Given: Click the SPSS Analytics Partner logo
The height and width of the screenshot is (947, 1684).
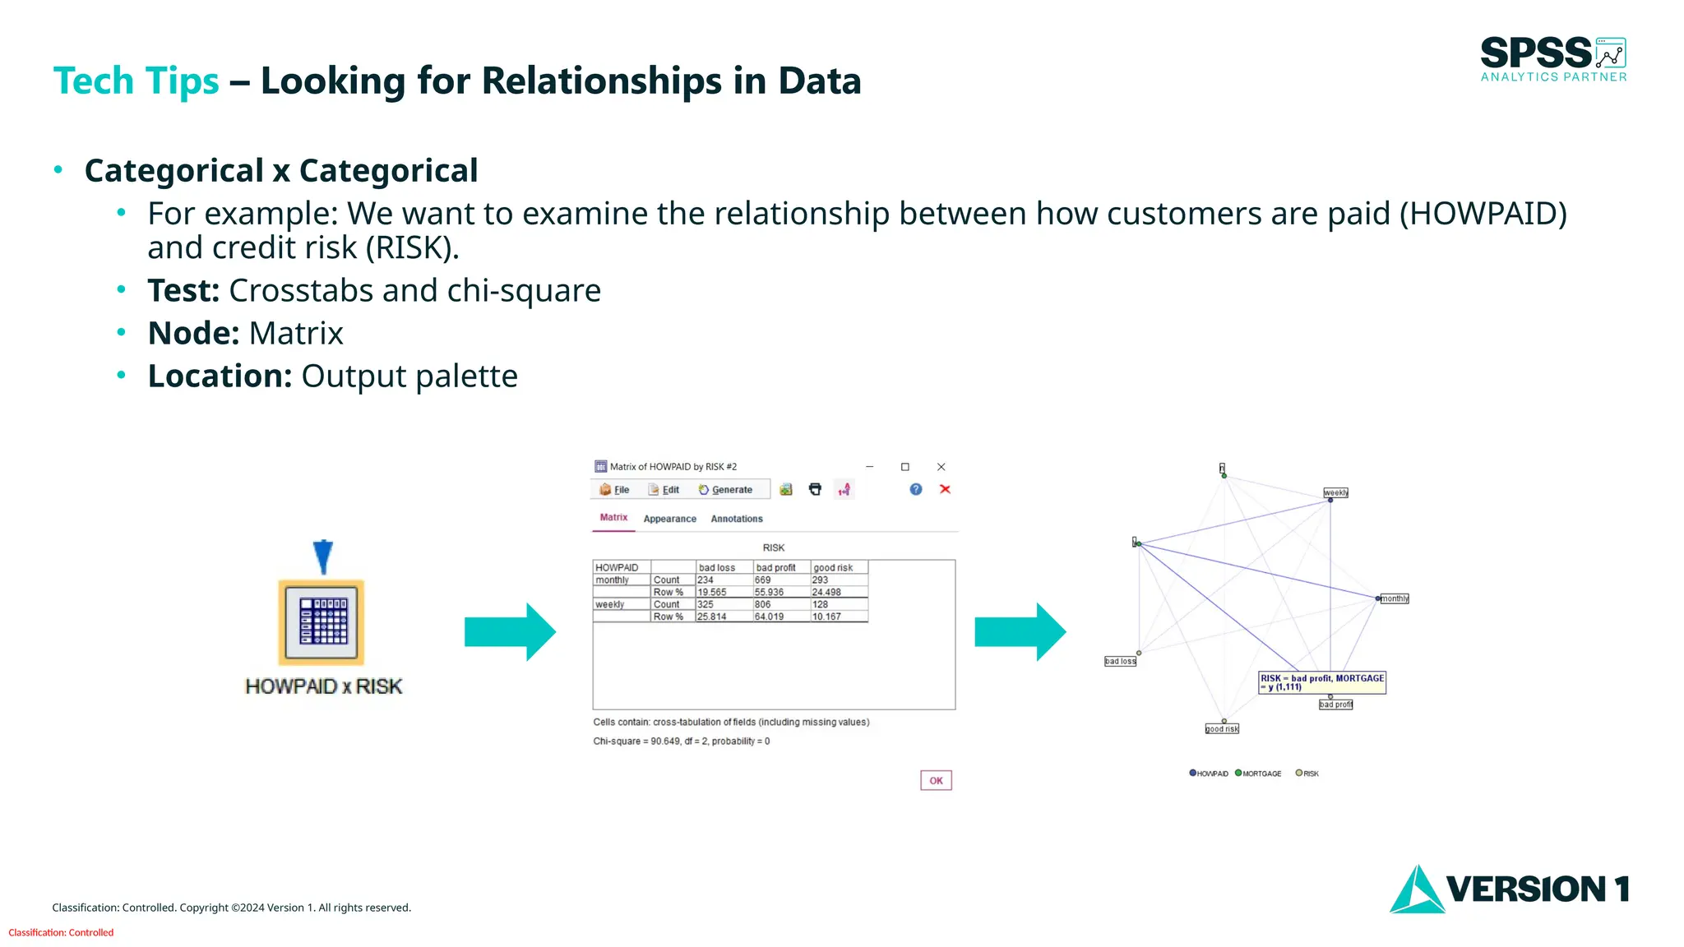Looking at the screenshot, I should tap(1552, 59).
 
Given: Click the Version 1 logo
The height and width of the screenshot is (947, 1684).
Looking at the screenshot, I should tap(1509, 889).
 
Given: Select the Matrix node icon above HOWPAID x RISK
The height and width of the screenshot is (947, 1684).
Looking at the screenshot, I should tap(322, 622).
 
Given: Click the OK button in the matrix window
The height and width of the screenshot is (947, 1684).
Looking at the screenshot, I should tap(936, 780).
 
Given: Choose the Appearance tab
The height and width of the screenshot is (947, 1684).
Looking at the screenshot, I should tap(669, 519).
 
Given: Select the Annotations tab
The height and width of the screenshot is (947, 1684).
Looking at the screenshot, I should tap(737, 519).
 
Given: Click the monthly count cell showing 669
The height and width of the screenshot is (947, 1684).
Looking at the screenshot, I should tap(763, 580).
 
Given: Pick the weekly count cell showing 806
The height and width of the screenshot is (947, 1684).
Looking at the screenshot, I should tap(763, 604).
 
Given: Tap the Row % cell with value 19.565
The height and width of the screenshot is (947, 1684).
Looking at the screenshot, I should tap(712, 592).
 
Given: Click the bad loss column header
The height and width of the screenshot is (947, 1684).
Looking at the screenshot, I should tap(717, 567).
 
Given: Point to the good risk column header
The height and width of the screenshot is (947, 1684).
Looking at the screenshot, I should tap(833, 567).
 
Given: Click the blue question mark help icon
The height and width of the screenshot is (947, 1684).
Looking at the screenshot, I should tap(916, 489).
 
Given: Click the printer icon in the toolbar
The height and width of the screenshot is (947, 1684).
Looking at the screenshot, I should tap(815, 489).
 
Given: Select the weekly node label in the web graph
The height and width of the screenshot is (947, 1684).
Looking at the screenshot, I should tap(1335, 492).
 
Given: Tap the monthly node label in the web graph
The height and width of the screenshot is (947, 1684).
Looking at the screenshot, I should tap(1395, 598).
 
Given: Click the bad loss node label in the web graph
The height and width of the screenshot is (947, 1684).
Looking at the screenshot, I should tap(1120, 661).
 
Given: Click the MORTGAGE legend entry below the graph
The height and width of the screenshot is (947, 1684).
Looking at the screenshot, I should tap(1258, 774).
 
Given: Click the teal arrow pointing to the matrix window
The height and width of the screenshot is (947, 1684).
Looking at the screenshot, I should tap(510, 631).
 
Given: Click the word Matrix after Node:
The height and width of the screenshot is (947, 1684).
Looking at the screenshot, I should tap(296, 333).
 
